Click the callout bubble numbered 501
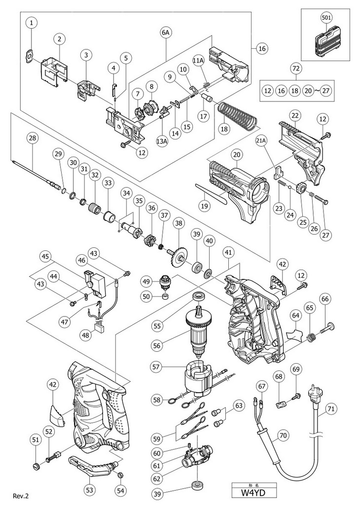326,18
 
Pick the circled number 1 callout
32,23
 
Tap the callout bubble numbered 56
157,345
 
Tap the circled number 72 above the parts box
296,68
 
